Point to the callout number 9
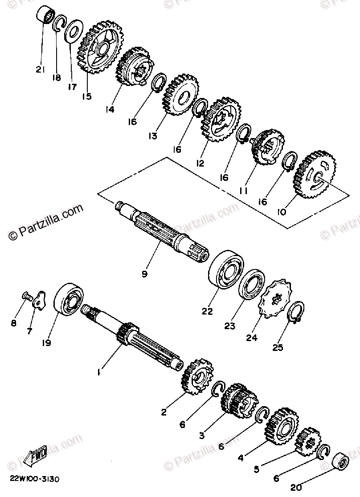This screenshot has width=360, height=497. point(144,274)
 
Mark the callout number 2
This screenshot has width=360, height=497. point(164,412)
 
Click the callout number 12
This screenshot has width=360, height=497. point(199,163)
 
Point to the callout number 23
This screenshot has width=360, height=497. point(229,326)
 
